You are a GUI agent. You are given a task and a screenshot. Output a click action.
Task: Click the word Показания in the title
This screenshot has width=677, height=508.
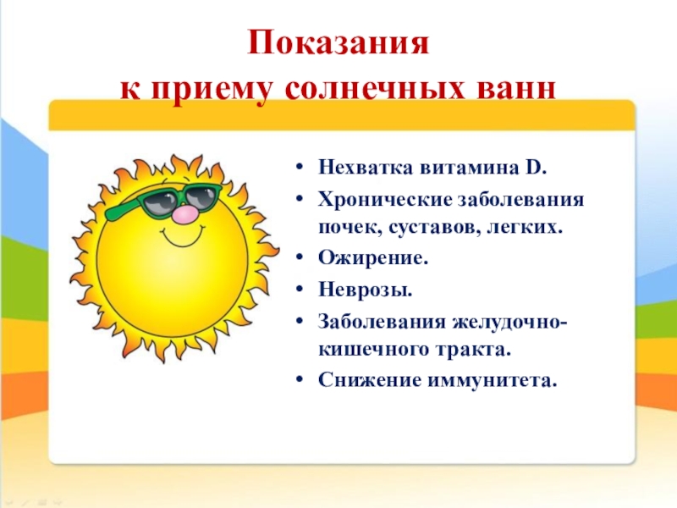click(338, 43)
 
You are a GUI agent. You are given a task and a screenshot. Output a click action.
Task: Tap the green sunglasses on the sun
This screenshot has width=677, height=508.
click(164, 202)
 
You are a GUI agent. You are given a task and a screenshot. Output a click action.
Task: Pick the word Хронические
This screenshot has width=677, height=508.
click(385, 200)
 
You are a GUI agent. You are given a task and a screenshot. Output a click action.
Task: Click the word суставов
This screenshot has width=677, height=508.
click(433, 227)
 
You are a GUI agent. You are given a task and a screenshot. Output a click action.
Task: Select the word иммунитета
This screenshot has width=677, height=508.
click(491, 380)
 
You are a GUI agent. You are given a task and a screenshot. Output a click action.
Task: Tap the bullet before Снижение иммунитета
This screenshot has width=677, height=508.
click(300, 380)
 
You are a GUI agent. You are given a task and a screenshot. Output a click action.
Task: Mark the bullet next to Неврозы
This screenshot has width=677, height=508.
click(300, 289)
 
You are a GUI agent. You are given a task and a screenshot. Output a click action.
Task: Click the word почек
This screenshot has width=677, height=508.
click(350, 227)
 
